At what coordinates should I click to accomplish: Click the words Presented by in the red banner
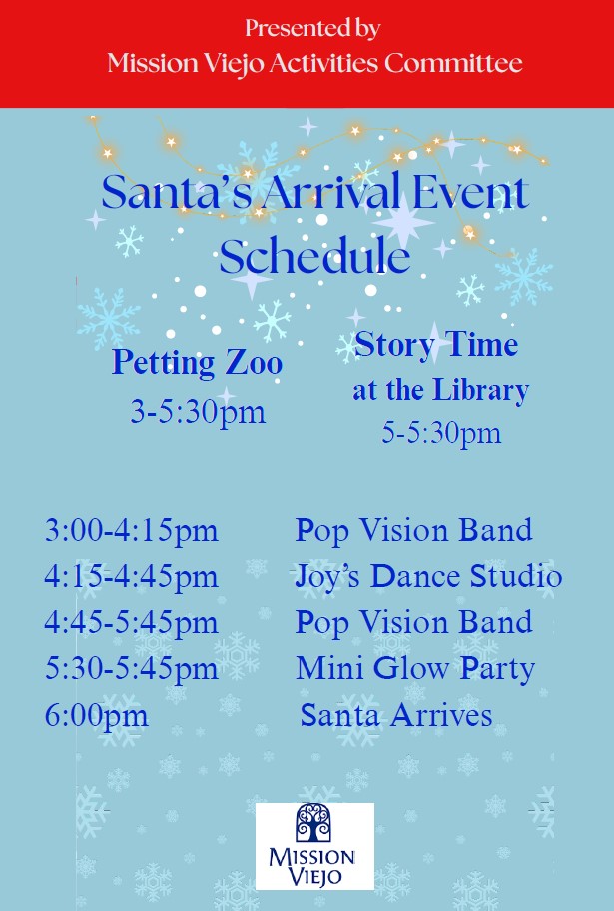[x=312, y=28]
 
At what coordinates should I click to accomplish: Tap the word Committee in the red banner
[x=453, y=63]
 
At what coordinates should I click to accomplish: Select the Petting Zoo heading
[x=197, y=363]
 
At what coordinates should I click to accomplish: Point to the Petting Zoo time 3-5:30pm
[x=198, y=412]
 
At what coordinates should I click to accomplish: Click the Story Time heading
[x=436, y=345]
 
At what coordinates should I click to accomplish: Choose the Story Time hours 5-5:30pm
[x=441, y=433]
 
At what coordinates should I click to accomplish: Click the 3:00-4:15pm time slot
[x=131, y=531]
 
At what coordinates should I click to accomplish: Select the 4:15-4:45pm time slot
[x=131, y=577]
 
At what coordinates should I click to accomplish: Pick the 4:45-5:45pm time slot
[x=131, y=623]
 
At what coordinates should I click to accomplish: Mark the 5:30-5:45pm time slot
[x=131, y=668]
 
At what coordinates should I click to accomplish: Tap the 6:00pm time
[x=97, y=716]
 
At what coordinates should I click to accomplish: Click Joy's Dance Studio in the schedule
[x=428, y=577]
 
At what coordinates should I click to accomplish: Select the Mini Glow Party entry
[x=415, y=669]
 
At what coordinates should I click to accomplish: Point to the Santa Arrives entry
[x=396, y=715]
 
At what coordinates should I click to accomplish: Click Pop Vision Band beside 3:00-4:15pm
[x=414, y=531]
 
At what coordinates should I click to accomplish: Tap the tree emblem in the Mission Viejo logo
[x=313, y=823]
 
